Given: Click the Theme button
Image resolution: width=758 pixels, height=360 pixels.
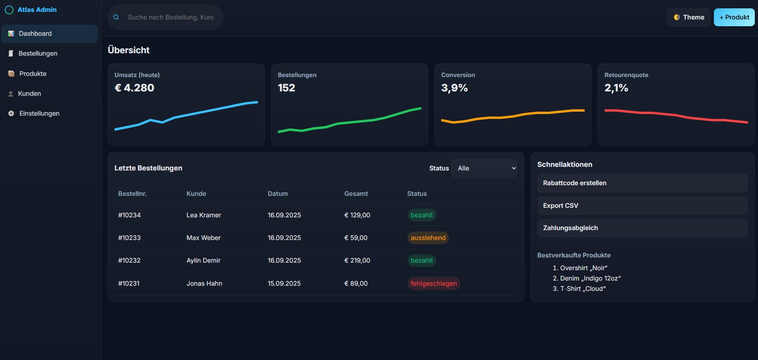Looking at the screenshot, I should (688, 17).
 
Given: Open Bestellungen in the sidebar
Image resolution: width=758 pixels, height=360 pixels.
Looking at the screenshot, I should (38, 54).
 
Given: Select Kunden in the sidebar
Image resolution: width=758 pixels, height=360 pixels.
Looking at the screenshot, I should (29, 94).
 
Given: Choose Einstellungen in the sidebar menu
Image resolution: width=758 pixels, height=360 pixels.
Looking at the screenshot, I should (39, 114).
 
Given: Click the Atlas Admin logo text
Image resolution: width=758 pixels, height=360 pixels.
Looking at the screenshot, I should (37, 10).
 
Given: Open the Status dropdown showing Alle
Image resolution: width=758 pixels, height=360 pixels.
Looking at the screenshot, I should (484, 168).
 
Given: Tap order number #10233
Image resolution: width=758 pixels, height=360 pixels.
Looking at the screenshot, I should (129, 238).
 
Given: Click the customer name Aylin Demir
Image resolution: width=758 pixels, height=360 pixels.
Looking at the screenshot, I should (203, 261).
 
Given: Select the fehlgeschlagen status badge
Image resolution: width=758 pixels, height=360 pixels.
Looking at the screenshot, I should (433, 284).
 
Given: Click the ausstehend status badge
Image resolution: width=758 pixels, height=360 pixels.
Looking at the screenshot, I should (428, 238).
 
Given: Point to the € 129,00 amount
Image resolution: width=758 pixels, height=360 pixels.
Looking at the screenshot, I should (357, 215).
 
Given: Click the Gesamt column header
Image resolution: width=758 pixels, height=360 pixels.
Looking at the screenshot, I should (356, 194).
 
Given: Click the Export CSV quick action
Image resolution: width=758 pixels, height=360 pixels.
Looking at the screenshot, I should (642, 206).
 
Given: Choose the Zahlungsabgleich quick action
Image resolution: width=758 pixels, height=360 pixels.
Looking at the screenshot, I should (642, 228).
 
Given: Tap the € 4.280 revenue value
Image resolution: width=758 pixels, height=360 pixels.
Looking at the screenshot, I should (134, 88).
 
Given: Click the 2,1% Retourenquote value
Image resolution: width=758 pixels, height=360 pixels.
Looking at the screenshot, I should (616, 88).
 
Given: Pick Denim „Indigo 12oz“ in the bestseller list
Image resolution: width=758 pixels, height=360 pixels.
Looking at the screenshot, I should (590, 279).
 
